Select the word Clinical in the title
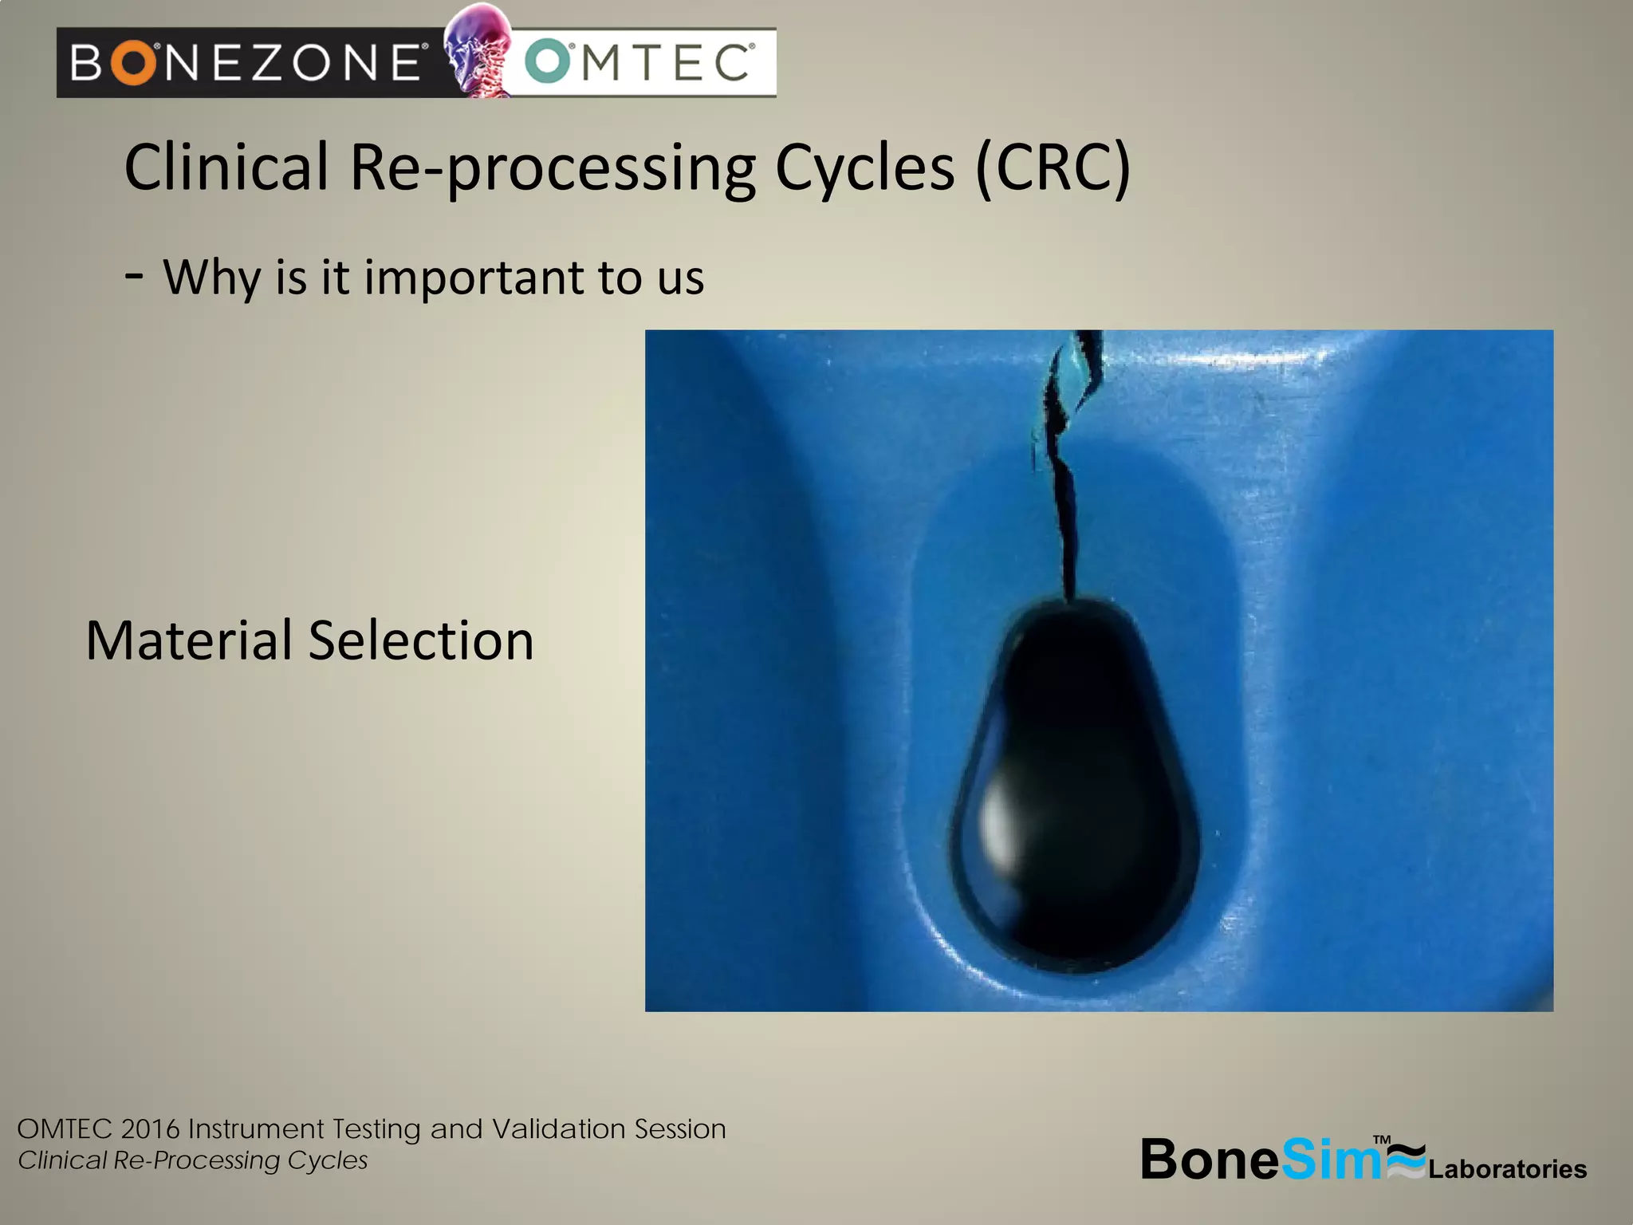[226, 167]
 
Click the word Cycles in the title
[864, 167]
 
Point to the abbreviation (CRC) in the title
[1053, 167]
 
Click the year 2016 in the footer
[151, 1129]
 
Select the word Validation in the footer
[558, 1129]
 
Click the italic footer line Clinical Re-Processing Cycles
[192, 1160]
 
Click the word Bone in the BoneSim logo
[1210, 1159]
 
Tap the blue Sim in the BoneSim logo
[1332, 1159]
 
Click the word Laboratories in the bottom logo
[1507, 1169]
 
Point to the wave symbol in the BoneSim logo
[1405, 1160]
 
